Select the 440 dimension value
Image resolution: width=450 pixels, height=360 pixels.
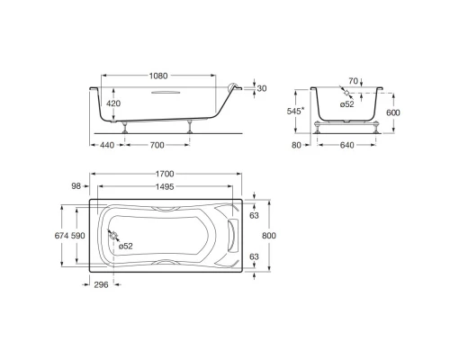107,145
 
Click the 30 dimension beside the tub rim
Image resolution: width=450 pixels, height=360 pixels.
262,88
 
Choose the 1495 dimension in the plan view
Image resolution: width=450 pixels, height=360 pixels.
163,186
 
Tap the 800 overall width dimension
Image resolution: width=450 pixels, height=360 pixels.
269,234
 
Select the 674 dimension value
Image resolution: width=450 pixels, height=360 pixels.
62,234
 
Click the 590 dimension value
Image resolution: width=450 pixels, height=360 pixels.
80,234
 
